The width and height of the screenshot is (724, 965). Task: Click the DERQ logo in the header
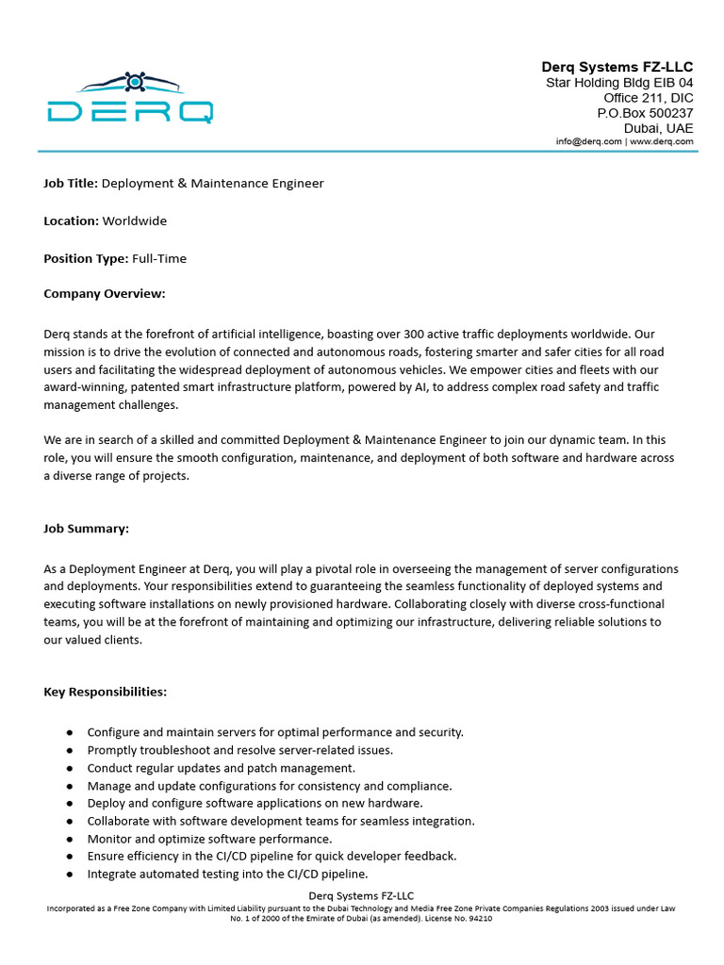[130, 98]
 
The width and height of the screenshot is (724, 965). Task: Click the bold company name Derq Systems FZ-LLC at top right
[617, 67]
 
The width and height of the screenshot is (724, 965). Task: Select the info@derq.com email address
[589, 141]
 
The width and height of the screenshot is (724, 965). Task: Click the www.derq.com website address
[662, 141]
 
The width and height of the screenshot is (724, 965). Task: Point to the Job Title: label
[71, 184]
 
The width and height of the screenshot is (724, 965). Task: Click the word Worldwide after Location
[135, 221]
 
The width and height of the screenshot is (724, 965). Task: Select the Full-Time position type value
[159, 258]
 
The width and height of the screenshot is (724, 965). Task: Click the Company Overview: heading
[105, 294]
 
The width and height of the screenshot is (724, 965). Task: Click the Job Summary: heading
[87, 529]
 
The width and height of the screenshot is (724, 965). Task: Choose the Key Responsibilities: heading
[106, 692]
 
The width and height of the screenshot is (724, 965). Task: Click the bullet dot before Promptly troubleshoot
[70, 750]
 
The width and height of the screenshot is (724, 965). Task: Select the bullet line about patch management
[222, 768]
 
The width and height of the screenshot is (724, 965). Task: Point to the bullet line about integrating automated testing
[227, 874]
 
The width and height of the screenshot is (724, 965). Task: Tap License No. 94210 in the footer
[461, 919]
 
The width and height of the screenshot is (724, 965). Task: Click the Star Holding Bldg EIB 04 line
[619, 83]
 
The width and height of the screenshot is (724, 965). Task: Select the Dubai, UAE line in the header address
[658, 128]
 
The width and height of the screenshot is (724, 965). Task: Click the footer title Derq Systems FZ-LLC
[362, 895]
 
